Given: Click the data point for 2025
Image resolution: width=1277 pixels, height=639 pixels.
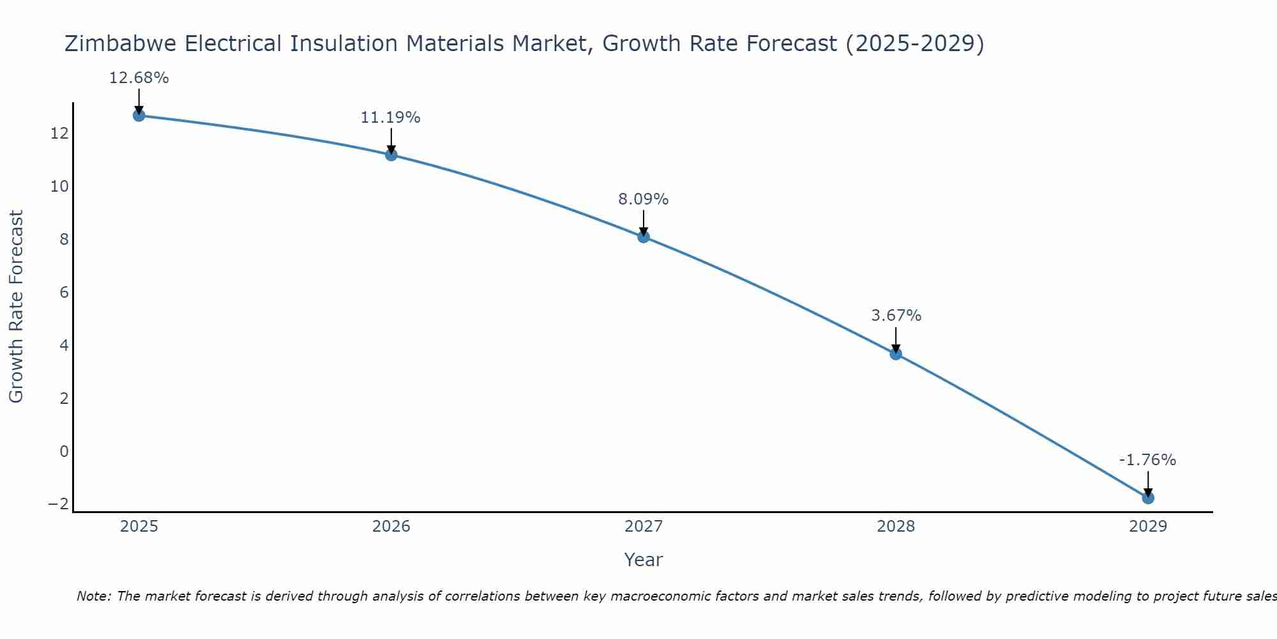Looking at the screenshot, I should tap(139, 115).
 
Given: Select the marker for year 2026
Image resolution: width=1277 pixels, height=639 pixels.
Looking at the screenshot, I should tap(391, 155).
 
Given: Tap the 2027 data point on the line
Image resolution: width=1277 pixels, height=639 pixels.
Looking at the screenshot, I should tap(644, 236).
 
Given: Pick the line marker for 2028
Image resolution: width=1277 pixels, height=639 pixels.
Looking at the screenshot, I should tap(896, 353).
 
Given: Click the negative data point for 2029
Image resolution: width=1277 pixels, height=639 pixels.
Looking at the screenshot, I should tap(1148, 498).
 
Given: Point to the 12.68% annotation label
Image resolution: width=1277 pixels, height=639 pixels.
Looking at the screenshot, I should tap(139, 78).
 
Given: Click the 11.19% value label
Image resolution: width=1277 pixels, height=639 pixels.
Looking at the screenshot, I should tap(391, 118).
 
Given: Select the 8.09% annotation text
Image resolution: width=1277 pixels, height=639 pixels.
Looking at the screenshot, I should tap(643, 199).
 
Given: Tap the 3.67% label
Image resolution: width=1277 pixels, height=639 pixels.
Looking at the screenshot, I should tap(896, 316).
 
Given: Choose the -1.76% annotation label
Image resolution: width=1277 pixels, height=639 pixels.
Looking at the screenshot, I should tap(1147, 460).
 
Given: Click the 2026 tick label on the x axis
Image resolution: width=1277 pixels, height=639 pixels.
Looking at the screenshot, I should tap(391, 527).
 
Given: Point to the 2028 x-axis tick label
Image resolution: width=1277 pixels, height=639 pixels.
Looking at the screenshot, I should tap(896, 527).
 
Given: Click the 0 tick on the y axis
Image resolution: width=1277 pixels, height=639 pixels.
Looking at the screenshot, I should tap(64, 452).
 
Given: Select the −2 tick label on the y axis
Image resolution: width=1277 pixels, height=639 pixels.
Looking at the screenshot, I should tap(58, 504).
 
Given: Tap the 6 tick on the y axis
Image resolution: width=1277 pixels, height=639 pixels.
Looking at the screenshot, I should tap(64, 293).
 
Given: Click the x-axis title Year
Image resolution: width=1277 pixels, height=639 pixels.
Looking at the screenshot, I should tap(644, 560).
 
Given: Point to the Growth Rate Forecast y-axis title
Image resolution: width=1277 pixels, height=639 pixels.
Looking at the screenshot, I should tap(16, 307).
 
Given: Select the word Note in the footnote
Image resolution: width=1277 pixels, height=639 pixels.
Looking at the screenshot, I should tap(94, 596).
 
